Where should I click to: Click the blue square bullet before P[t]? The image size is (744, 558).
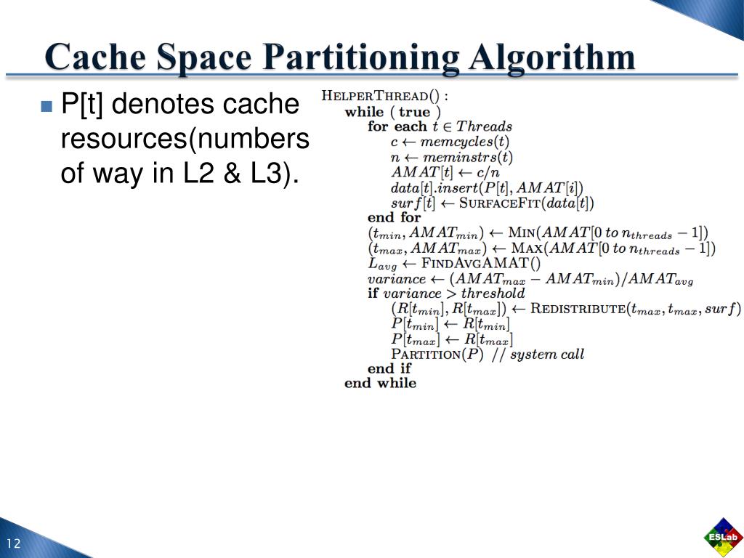pyautogui.click(x=47, y=106)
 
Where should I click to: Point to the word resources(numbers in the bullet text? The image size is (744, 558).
pyautogui.click(x=185, y=139)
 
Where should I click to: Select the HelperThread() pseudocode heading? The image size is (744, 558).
pyautogui.click(x=385, y=97)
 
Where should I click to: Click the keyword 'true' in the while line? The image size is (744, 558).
pyautogui.click(x=414, y=112)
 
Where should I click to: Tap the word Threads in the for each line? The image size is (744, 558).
pyautogui.click(x=484, y=126)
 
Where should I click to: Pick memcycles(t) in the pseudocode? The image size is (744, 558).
pyautogui.click(x=465, y=142)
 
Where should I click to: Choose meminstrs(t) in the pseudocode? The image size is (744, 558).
pyautogui.click(x=467, y=157)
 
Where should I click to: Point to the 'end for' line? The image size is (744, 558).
pyautogui.click(x=394, y=217)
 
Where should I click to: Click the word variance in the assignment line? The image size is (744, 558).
pyautogui.click(x=397, y=278)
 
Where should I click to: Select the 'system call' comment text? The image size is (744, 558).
pyautogui.click(x=546, y=355)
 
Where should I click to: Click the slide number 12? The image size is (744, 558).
pyautogui.click(x=13, y=545)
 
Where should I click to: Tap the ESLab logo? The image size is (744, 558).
pyautogui.click(x=723, y=537)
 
